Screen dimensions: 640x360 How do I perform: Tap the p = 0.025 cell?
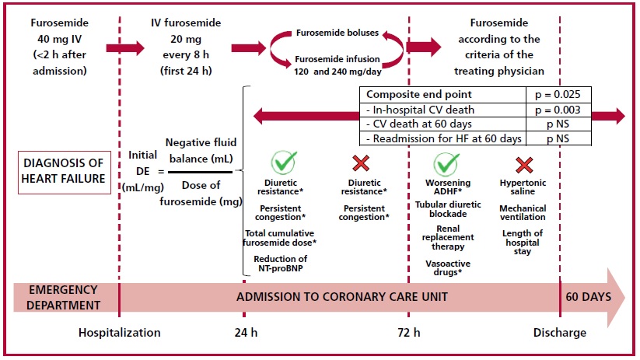click(x=558, y=95)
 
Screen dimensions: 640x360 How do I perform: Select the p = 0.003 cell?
click(x=558, y=110)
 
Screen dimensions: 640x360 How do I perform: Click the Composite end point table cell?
click(x=442, y=95)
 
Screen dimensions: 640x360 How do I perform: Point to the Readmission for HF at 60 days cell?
click(x=442, y=138)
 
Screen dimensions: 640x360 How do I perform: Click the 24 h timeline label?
click(x=246, y=333)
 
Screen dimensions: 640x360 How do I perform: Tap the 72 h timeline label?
click(x=408, y=333)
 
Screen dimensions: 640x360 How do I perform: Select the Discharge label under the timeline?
click(x=560, y=333)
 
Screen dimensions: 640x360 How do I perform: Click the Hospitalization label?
click(x=119, y=333)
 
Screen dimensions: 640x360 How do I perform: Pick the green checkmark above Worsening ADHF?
click(x=446, y=164)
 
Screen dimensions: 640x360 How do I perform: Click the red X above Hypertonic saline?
click(x=524, y=165)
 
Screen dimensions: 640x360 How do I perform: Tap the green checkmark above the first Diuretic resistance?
click(x=284, y=162)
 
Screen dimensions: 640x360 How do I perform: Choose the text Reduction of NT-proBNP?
click(x=281, y=264)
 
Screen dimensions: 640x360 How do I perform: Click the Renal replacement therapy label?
click(x=448, y=238)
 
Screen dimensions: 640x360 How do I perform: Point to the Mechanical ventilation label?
click(x=523, y=212)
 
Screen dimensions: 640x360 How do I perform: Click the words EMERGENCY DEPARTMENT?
click(x=64, y=298)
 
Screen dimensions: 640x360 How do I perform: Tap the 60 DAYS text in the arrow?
click(x=588, y=297)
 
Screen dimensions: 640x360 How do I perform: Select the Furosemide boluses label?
click(x=337, y=33)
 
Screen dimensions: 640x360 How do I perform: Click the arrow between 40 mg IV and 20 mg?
click(x=125, y=48)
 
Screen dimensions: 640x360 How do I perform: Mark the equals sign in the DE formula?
click(x=161, y=172)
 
